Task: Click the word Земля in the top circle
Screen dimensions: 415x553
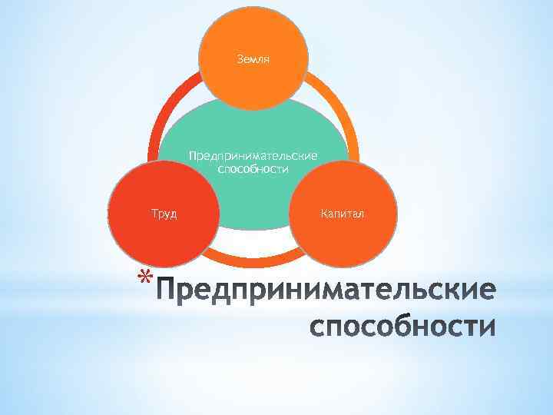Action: click(253, 58)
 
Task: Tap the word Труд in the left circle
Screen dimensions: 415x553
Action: click(164, 213)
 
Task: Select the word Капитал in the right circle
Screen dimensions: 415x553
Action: click(343, 212)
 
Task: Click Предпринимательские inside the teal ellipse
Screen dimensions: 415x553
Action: click(253, 157)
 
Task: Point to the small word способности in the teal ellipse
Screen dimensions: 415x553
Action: click(253, 169)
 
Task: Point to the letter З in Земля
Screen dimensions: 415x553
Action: click(240, 58)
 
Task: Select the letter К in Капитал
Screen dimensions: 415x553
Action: click(324, 212)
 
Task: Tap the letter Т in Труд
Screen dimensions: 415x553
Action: click(154, 213)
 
